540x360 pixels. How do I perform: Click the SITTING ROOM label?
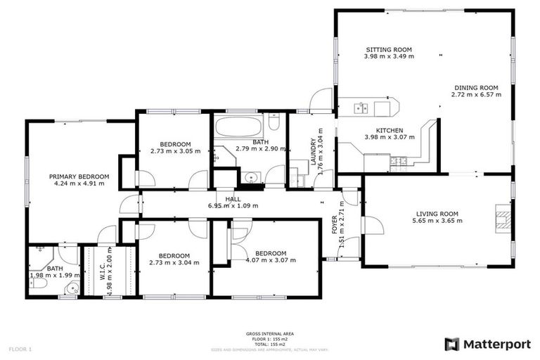click(x=389, y=49)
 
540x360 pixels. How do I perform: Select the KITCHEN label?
click(x=389, y=131)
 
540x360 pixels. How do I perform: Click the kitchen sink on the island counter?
click(x=361, y=108)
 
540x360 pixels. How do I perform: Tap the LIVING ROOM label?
click(x=437, y=214)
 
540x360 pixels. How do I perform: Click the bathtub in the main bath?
click(x=238, y=129)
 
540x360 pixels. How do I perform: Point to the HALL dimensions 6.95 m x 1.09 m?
click(x=233, y=206)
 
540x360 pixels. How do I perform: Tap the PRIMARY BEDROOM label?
click(x=79, y=176)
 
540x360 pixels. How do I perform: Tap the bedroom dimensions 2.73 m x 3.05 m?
click(x=175, y=151)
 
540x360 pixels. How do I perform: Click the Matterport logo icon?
click(x=452, y=344)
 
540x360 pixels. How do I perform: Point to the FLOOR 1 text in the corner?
click(x=20, y=348)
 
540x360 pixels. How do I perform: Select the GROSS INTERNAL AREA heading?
click(x=270, y=334)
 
